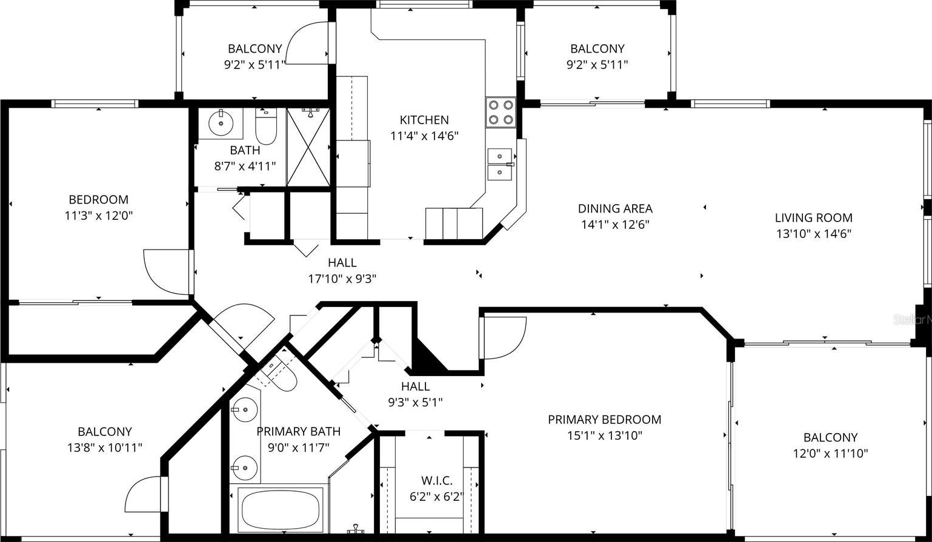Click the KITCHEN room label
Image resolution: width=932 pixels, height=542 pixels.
coord(424,120)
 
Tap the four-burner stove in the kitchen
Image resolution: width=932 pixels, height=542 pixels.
coord(501,112)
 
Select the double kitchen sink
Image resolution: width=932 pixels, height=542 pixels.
coord(500,164)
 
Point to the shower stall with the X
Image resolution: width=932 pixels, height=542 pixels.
coord(308,147)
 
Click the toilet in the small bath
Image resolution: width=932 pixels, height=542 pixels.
coord(266,126)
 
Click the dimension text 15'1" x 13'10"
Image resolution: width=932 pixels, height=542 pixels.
coord(605,435)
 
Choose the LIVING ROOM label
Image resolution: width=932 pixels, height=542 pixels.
coord(813,218)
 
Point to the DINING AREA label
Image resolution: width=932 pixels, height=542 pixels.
coord(615,209)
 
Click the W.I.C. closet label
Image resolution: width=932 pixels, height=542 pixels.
coord(437,481)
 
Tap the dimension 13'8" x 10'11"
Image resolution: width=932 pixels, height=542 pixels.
coord(105,448)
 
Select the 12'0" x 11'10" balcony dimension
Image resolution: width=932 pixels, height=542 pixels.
coord(830,454)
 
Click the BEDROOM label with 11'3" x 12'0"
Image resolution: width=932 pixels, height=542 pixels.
coord(99,200)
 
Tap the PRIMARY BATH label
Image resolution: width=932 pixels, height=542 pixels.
coord(299,432)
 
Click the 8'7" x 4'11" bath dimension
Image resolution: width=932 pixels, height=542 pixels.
coord(245,167)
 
